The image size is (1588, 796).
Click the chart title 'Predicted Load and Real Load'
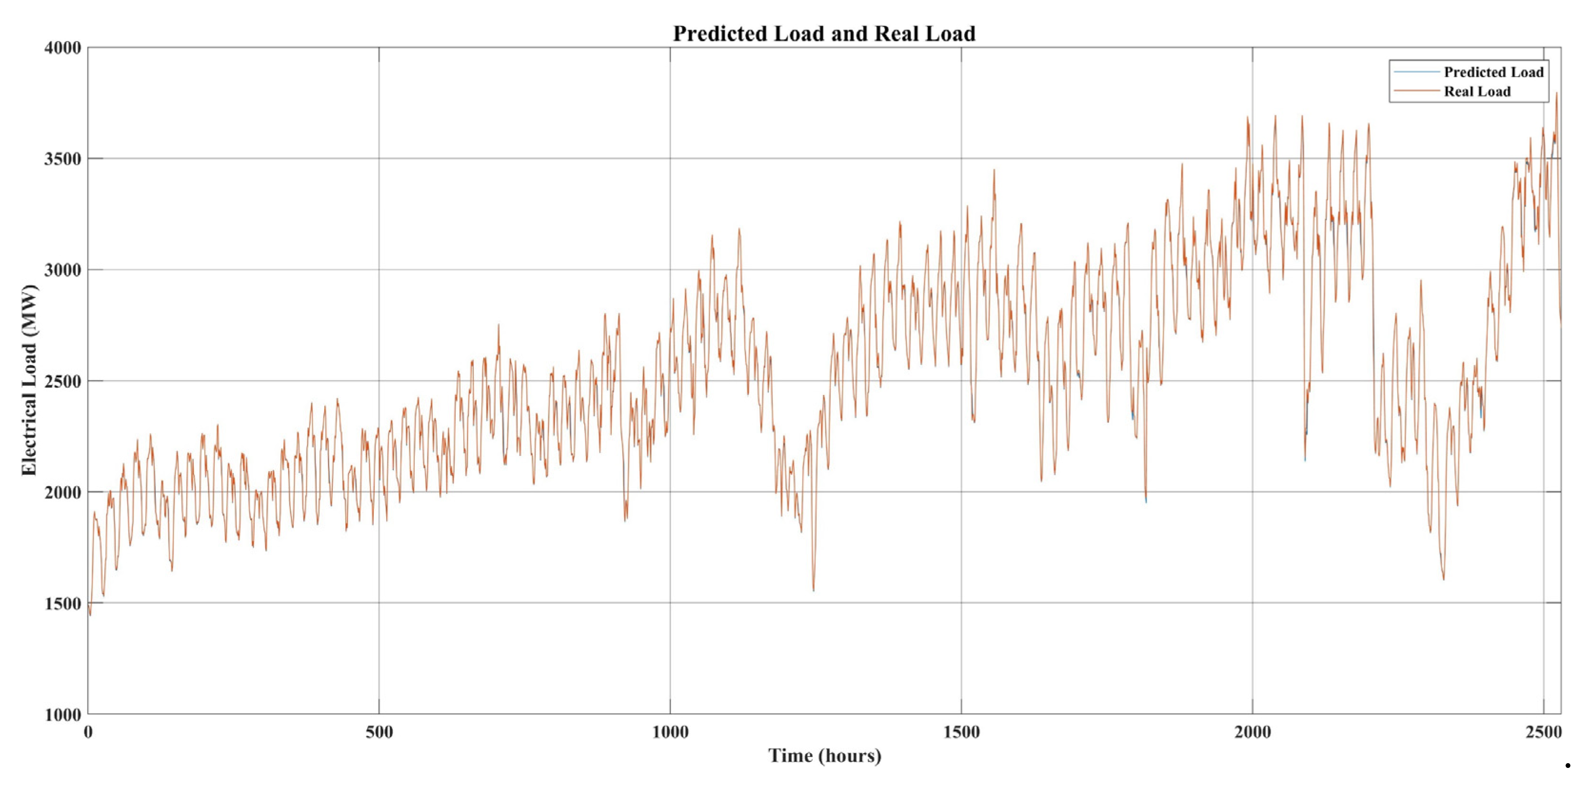(x=824, y=33)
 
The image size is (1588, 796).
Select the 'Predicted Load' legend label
(x=1493, y=72)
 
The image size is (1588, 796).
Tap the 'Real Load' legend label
(x=1477, y=92)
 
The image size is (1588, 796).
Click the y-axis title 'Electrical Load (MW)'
(x=29, y=380)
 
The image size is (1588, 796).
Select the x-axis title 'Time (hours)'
(x=824, y=756)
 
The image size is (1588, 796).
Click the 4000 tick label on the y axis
(x=63, y=48)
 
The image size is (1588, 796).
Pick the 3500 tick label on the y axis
(x=63, y=159)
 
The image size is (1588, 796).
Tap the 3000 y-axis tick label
(x=63, y=270)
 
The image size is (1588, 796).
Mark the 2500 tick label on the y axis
(x=63, y=382)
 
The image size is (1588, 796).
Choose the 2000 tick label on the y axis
(x=63, y=492)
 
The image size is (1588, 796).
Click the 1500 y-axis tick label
(x=63, y=604)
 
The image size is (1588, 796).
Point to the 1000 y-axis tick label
(x=63, y=715)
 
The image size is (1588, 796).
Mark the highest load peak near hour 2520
(x=1557, y=94)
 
